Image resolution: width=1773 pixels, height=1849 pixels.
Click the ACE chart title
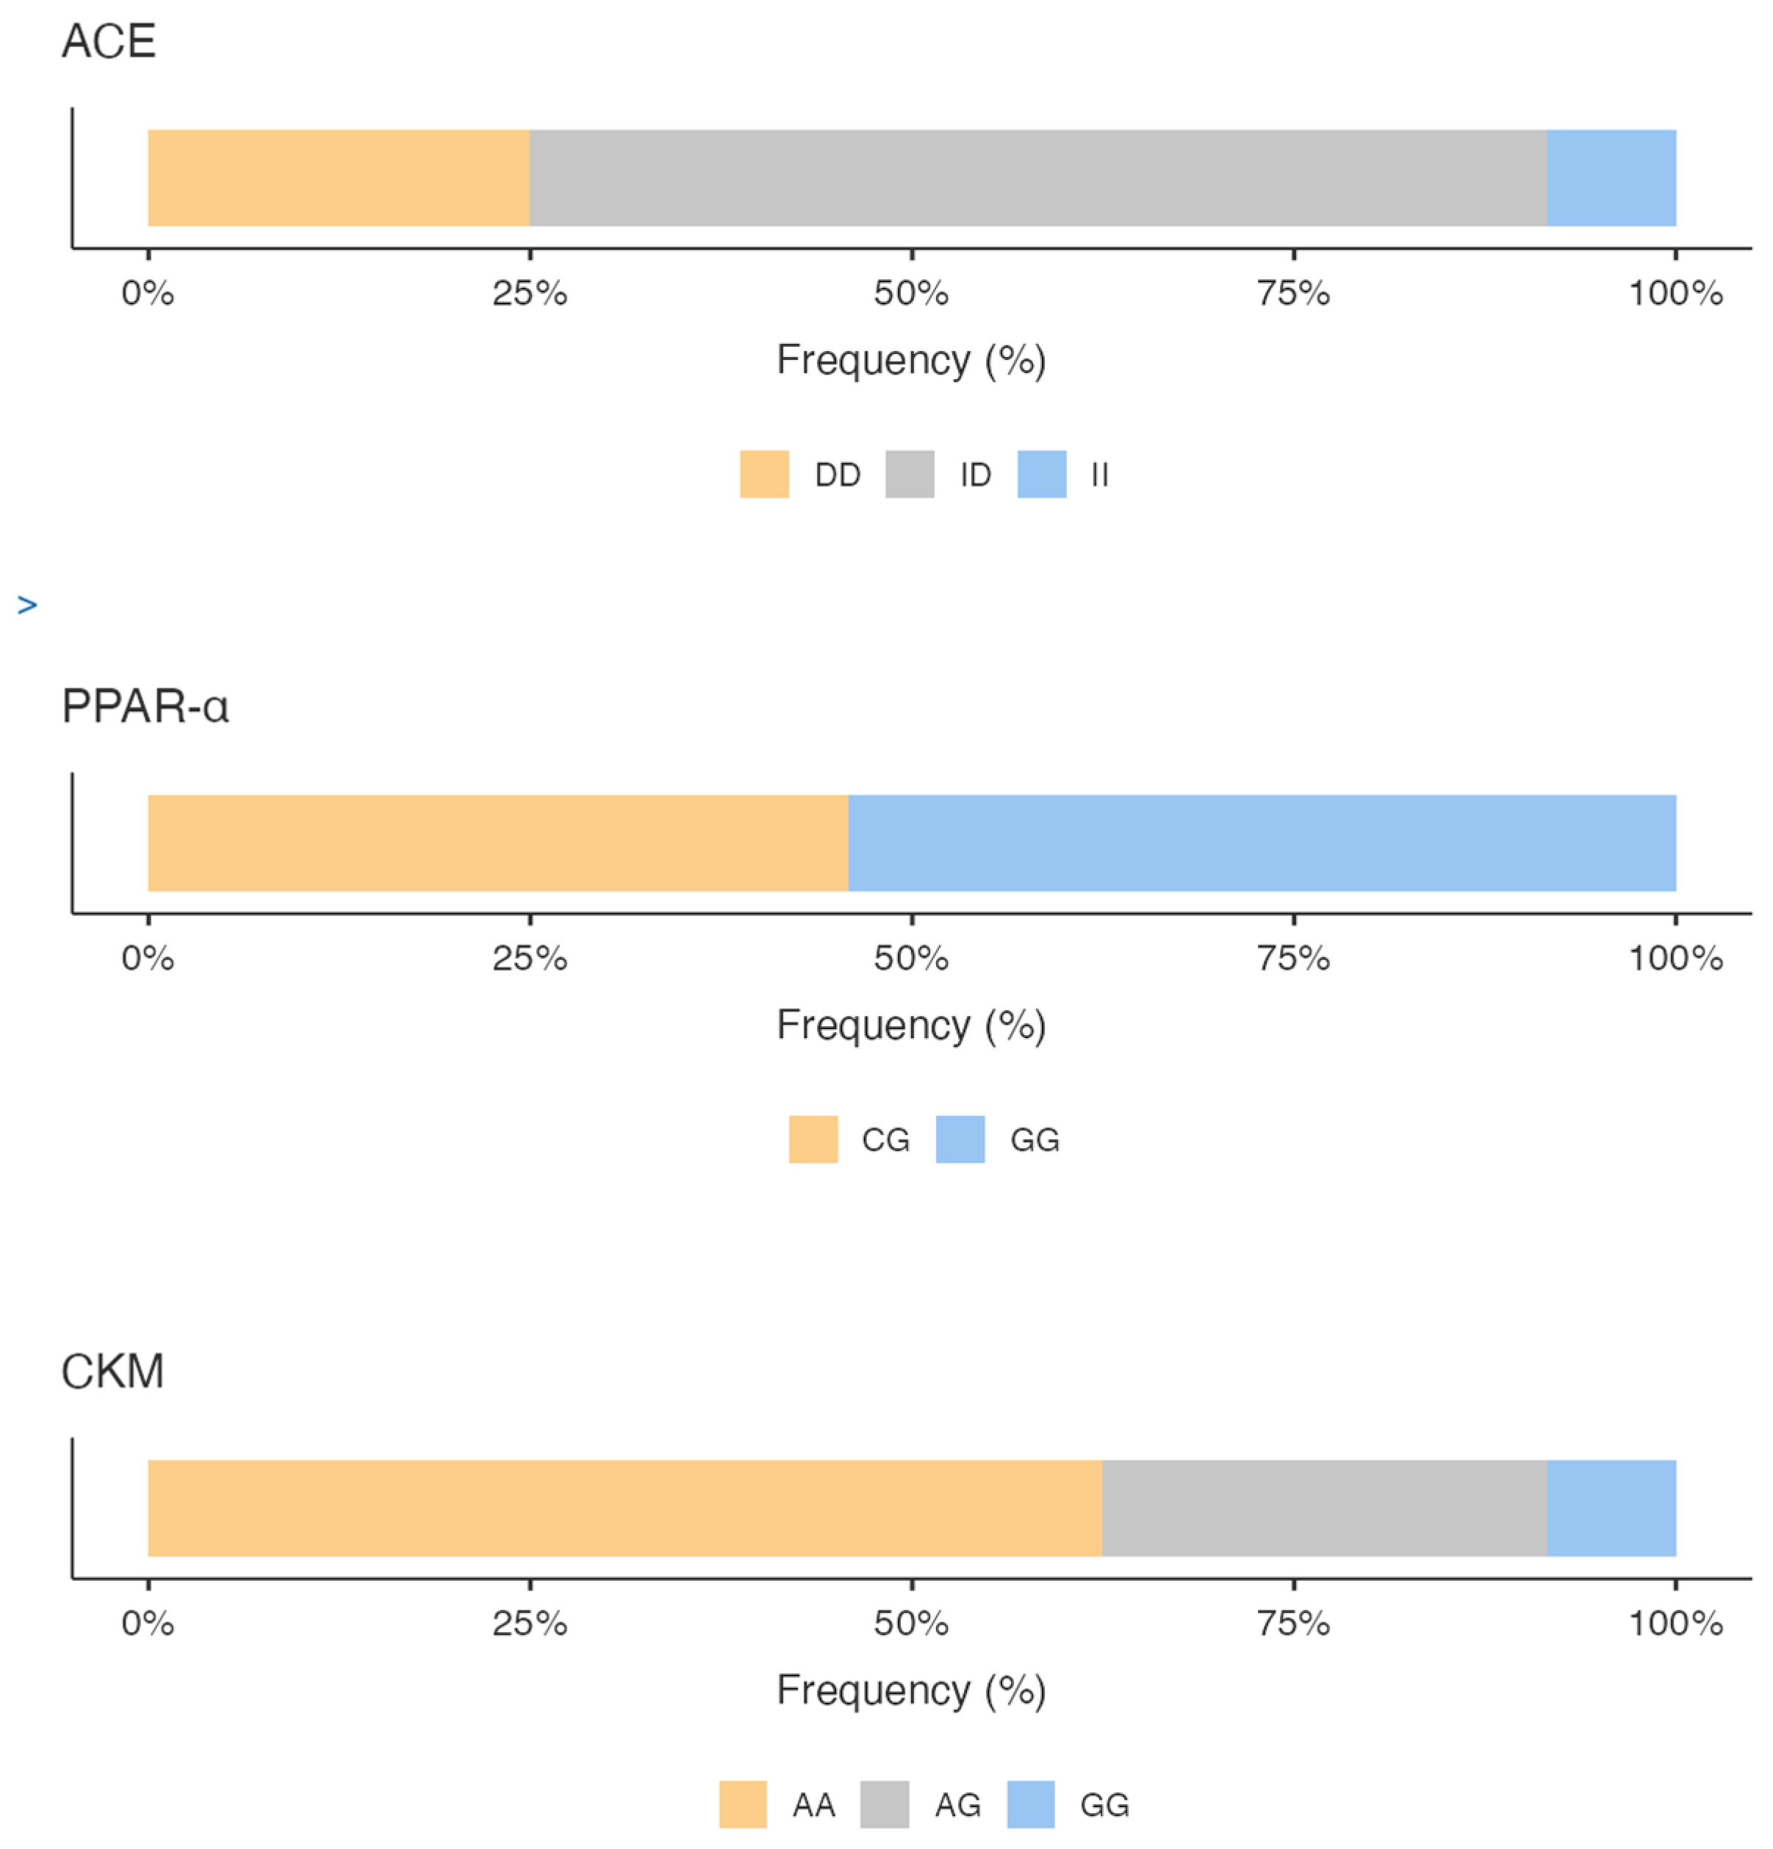point(109,42)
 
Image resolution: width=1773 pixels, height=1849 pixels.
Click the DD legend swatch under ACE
point(763,474)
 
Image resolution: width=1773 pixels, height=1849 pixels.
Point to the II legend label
point(1099,475)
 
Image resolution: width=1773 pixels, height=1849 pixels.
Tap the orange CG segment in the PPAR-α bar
point(497,843)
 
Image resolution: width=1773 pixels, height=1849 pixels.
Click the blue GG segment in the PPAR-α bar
point(1262,843)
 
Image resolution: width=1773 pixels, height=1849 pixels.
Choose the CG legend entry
point(884,1139)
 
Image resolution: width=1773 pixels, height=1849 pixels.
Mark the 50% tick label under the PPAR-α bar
point(910,959)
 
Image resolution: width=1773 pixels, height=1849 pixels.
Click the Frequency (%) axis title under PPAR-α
point(910,1026)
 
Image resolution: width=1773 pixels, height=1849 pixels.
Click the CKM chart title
point(112,1372)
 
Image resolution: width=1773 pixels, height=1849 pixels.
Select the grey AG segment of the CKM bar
point(1324,1507)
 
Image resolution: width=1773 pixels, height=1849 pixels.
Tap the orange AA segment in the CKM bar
point(624,1507)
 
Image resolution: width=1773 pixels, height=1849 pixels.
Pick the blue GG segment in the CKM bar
point(1611,1507)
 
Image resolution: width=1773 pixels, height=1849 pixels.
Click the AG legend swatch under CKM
point(884,1803)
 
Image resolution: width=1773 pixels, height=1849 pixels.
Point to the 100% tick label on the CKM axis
point(1675,1623)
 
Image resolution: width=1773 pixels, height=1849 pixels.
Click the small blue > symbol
point(27,605)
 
